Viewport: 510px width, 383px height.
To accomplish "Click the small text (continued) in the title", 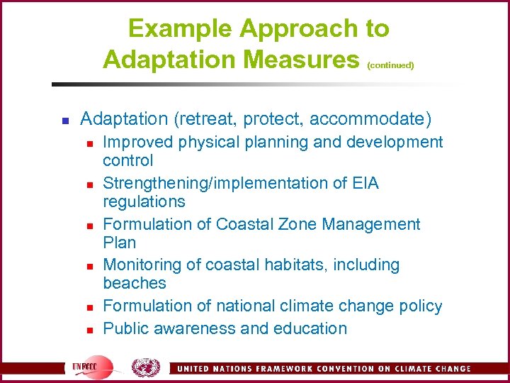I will (390, 65).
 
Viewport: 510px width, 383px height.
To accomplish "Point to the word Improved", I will (137, 142).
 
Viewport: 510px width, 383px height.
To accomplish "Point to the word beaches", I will (135, 283).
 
